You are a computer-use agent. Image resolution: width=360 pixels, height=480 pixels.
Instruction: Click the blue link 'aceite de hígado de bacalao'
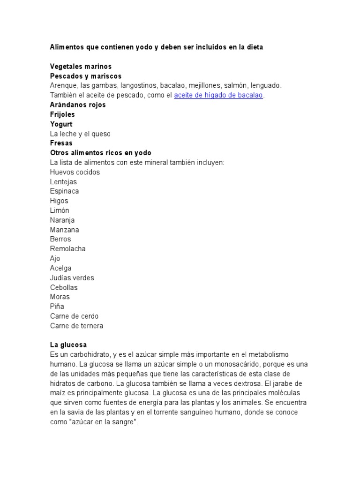(219, 95)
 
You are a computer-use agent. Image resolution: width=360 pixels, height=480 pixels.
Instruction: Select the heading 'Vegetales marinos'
(81, 67)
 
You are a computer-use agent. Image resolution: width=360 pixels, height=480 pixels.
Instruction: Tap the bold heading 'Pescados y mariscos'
(86, 76)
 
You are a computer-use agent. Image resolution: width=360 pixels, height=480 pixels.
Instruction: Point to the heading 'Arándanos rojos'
(78, 105)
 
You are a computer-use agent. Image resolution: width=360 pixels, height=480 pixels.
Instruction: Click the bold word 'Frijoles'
(62, 114)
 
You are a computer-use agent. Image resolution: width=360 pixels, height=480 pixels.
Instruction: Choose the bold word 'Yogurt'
(61, 124)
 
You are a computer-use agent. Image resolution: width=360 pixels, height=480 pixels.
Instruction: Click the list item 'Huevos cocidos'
(75, 172)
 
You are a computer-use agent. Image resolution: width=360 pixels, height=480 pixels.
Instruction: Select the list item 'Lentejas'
(63, 182)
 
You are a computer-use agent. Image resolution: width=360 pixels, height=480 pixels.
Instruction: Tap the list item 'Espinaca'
(64, 191)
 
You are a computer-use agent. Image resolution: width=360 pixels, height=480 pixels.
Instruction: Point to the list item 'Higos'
(59, 201)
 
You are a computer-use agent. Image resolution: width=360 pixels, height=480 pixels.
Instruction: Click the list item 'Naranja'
(62, 220)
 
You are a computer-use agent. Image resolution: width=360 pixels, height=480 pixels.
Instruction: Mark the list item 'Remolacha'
(68, 249)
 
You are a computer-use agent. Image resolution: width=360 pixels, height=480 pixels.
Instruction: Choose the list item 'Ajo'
(55, 258)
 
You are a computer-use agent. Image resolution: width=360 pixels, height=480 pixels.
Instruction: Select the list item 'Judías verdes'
(72, 278)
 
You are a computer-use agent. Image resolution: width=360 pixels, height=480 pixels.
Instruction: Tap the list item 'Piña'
(57, 307)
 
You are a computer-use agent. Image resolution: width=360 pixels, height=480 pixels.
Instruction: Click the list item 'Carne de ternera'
(76, 326)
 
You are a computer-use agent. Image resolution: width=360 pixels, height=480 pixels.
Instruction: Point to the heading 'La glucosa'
(68, 345)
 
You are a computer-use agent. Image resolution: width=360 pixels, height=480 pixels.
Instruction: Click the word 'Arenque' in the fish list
(63, 86)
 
